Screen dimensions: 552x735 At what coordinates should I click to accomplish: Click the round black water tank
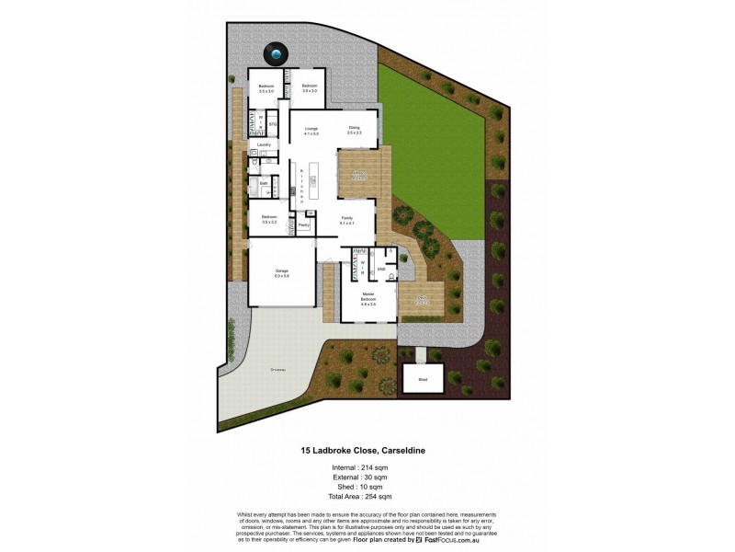(276, 55)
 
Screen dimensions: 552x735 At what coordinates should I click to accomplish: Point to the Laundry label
(263, 145)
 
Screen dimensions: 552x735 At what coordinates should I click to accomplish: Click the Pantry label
(303, 225)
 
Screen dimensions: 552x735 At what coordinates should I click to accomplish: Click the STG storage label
(273, 123)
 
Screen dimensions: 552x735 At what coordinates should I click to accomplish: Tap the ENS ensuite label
(381, 269)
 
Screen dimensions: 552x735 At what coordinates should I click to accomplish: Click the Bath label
(263, 184)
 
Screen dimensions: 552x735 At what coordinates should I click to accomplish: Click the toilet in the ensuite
(391, 277)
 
